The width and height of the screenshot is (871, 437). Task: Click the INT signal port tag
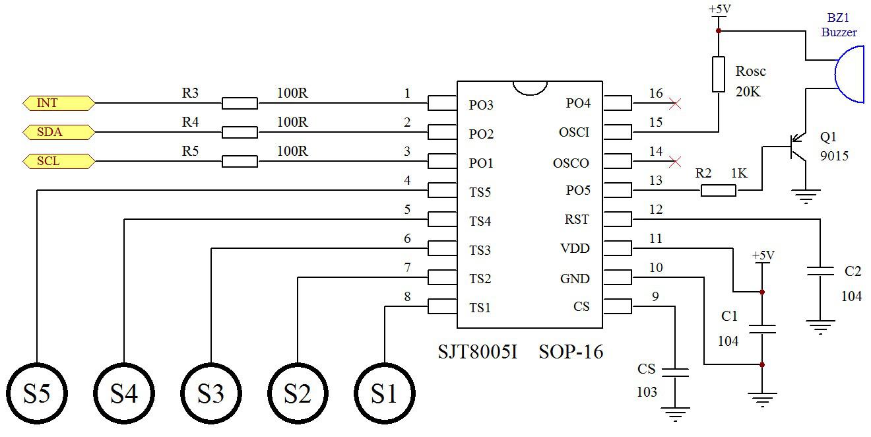(x=58, y=103)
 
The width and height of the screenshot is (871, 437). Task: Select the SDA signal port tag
(x=58, y=132)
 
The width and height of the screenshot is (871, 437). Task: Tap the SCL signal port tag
(x=58, y=161)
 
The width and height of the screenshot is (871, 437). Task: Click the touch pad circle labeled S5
(x=36, y=393)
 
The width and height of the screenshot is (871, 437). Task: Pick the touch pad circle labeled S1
(x=385, y=393)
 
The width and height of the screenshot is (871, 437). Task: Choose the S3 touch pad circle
(x=211, y=393)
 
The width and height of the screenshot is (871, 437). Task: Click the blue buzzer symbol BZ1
(x=850, y=74)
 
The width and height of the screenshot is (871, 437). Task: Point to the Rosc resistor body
(x=719, y=74)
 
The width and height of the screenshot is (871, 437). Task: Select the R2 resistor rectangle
(x=718, y=191)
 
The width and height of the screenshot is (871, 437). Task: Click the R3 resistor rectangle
(x=240, y=103)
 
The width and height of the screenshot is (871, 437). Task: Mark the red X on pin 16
(x=674, y=103)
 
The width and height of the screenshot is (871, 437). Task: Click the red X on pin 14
(x=674, y=161)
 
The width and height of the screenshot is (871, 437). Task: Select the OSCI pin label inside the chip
(x=574, y=133)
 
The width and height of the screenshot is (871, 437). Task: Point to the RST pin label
(x=577, y=220)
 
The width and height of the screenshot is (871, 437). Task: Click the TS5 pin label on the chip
(x=480, y=192)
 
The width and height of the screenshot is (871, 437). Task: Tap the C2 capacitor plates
(x=820, y=271)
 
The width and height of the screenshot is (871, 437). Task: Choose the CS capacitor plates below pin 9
(x=675, y=372)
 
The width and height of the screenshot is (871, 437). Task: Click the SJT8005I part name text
(x=478, y=352)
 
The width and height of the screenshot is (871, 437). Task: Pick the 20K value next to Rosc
(x=748, y=92)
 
